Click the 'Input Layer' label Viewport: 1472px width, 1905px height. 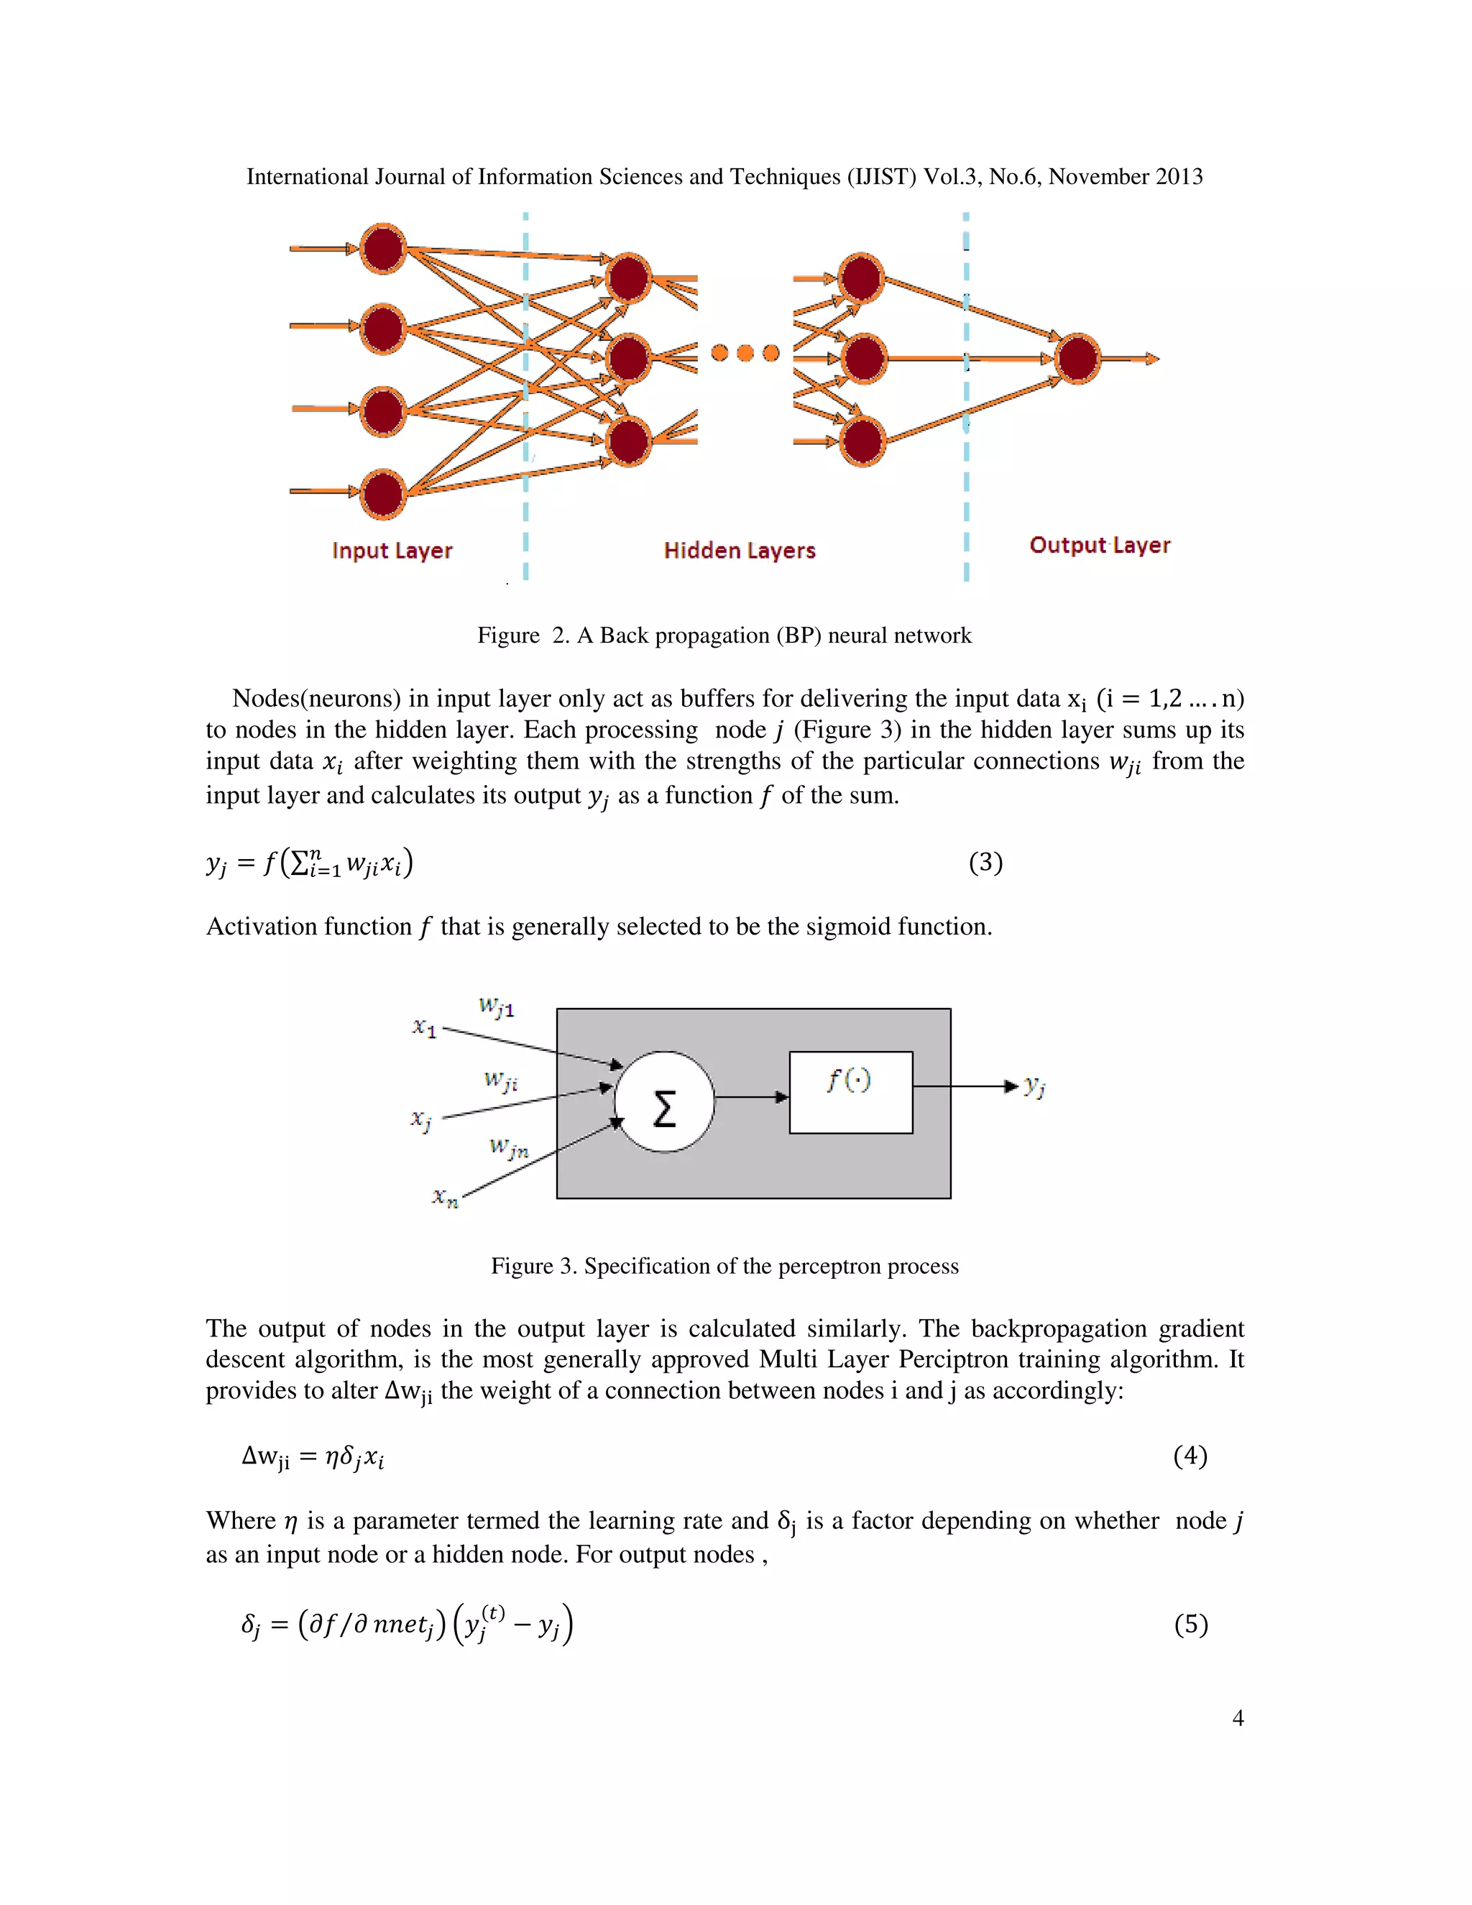point(392,551)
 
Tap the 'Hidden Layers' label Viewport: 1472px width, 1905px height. point(740,551)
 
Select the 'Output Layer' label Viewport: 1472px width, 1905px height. point(1100,545)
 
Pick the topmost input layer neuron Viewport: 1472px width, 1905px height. point(384,249)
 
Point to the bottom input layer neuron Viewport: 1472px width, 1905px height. point(384,493)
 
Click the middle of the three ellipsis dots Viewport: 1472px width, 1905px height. point(745,352)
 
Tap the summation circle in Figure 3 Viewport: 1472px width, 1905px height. point(665,1103)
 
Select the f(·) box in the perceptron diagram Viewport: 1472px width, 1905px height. point(850,1092)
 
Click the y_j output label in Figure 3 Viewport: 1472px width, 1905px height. point(1035,1086)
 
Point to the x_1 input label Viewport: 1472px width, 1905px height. point(425,1027)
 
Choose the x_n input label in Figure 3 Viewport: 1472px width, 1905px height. point(445,1198)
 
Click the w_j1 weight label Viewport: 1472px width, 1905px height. point(497,1007)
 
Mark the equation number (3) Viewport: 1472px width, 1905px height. point(985,863)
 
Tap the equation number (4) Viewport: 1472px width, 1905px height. point(1190,1456)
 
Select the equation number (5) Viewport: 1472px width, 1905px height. point(1190,1624)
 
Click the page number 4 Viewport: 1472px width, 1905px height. point(1238,1718)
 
